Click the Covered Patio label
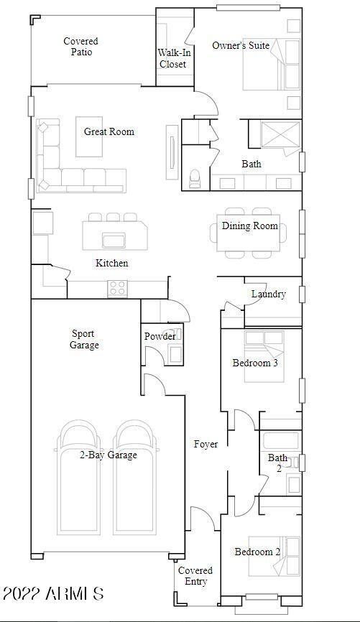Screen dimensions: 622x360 [x=80, y=47]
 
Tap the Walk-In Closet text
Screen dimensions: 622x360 [x=172, y=58]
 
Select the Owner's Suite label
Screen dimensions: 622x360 [x=241, y=45]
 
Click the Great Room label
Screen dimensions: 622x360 [x=109, y=131]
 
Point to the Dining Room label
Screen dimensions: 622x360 [x=249, y=226]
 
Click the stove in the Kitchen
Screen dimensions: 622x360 [x=117, y=288]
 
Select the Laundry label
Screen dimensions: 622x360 [x=269, y=294]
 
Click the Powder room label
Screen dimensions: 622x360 [x=160, y=336]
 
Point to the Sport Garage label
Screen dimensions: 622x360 [x=85, y=339]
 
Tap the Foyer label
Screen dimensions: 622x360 [x=206, y=444]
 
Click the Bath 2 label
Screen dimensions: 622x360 [x=277, y=463]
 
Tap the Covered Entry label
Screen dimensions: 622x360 [x=195, y=576]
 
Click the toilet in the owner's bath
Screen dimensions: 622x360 [x=195, y=179]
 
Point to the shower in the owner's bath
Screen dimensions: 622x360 [x=276, y=136]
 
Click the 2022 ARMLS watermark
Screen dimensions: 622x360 [x=54, y=594]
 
